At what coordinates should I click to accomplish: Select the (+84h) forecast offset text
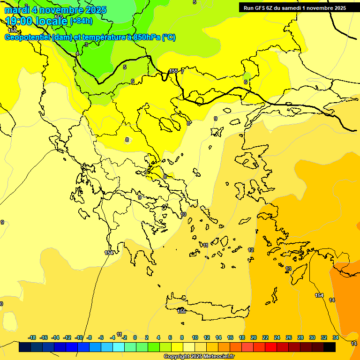pyautogui.click(x=81, y=21)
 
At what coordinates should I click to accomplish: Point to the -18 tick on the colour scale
pyautogui.click(x=32, y=337)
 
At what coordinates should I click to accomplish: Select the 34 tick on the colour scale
pyautogui.click(x=336, y=337)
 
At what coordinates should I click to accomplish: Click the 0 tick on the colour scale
pyautogui.click(x=135, y=337)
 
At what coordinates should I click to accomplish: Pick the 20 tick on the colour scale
pyautogui.click(x=254, y=337)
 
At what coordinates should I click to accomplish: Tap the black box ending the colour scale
pyautogui.click(x=330, y=347)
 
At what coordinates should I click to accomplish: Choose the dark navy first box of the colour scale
pyautogui.click(x=25, y=347)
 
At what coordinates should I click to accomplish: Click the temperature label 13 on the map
pyautogui.click(x=288, y=269)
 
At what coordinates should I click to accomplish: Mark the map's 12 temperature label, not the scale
pyautogui.click(x=251, y=250)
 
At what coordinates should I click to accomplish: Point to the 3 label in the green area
pyautogui.click(x=86, y=45)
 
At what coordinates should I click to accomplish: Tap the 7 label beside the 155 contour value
pyautogui.click(x=182, y=71)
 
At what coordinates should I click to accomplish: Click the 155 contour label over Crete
pyautogui.click(x=181, y=311)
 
